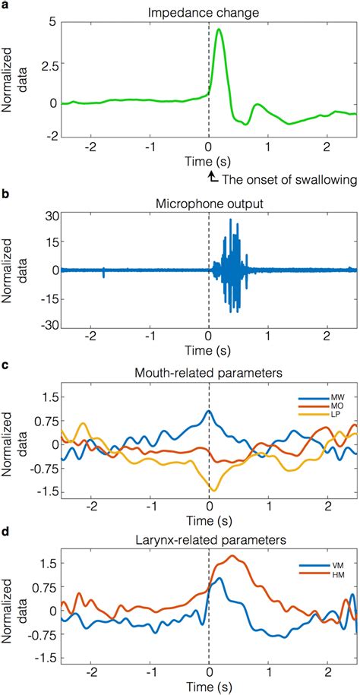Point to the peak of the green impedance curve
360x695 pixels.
click(219, 30)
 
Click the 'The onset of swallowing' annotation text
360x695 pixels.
click(288, 179)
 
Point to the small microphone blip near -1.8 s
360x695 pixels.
click(103, 271)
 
